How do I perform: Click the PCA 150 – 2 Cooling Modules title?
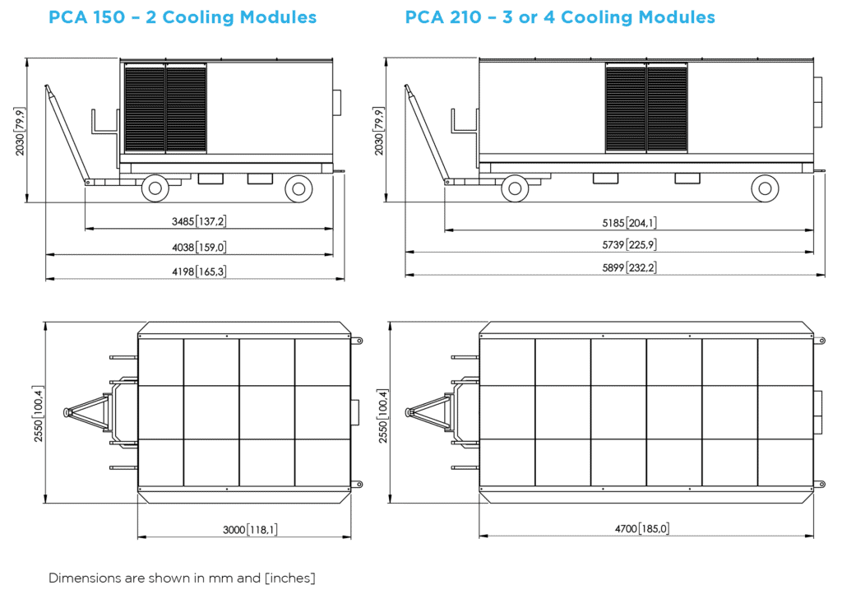[x=182, y=17]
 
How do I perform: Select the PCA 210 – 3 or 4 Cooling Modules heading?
[x=560, y=17]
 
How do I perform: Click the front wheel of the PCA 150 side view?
[x=155, y=188]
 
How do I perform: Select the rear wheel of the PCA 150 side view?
[x=298, y=188]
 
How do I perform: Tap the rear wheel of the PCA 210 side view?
[x=765, y=188]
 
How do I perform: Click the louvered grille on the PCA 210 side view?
[x=646, y=108]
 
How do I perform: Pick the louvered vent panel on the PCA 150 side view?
[x=165, y=108]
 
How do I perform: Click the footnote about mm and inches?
[x=182, y=578]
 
